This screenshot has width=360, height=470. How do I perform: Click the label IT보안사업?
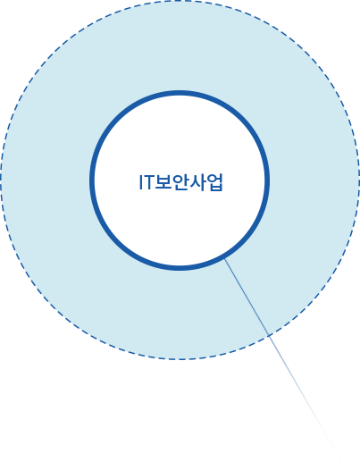(181, 182)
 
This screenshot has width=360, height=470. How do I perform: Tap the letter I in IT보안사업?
(140, 182)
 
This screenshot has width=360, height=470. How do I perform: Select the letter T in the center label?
(148, 182)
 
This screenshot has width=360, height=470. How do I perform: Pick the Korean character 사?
(197, 182)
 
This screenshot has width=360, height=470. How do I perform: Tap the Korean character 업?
(215, 182)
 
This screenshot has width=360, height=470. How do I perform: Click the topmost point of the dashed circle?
(180, 1)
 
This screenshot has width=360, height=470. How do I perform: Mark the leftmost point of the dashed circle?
(1, 180)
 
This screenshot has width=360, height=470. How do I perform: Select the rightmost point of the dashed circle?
(359, 180)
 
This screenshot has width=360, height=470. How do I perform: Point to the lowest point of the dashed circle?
(180, 359)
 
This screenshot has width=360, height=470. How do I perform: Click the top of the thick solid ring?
(180, 93)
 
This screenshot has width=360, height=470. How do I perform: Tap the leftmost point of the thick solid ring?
(92, 180)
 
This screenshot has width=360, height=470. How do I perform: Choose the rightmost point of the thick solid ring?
(267, 180)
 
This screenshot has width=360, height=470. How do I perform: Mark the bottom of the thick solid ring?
(180, 268)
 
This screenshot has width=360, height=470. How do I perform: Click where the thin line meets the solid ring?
(225, 258)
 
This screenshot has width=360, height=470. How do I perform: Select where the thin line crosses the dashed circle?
(269, 335)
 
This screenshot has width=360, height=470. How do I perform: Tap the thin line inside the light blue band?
(247, 297)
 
